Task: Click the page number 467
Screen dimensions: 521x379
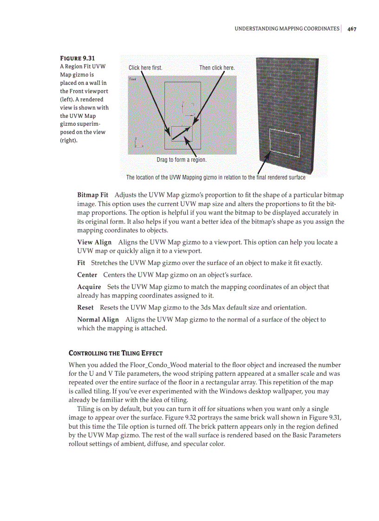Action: (352, 29)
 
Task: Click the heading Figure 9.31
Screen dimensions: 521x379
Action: (78, 58)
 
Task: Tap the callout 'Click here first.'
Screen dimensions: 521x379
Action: (145, 68)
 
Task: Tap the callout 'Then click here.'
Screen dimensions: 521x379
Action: (217, 68)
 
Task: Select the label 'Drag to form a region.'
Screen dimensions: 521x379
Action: (181, 160)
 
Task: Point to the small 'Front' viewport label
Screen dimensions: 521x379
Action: (133, 79)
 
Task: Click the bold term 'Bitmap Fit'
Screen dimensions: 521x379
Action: (92, 195)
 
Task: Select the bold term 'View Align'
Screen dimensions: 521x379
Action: (94, 242)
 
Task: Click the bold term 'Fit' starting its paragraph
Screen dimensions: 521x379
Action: (81, 263)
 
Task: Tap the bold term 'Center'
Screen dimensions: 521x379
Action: (87, 275)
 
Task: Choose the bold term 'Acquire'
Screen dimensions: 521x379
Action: (89, 287)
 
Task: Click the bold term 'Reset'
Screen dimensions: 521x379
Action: (85, 307)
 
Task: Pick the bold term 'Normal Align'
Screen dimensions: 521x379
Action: (98, 319)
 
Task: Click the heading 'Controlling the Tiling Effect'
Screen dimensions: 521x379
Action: (115, 353)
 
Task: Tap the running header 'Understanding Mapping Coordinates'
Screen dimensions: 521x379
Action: (287, 29)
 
